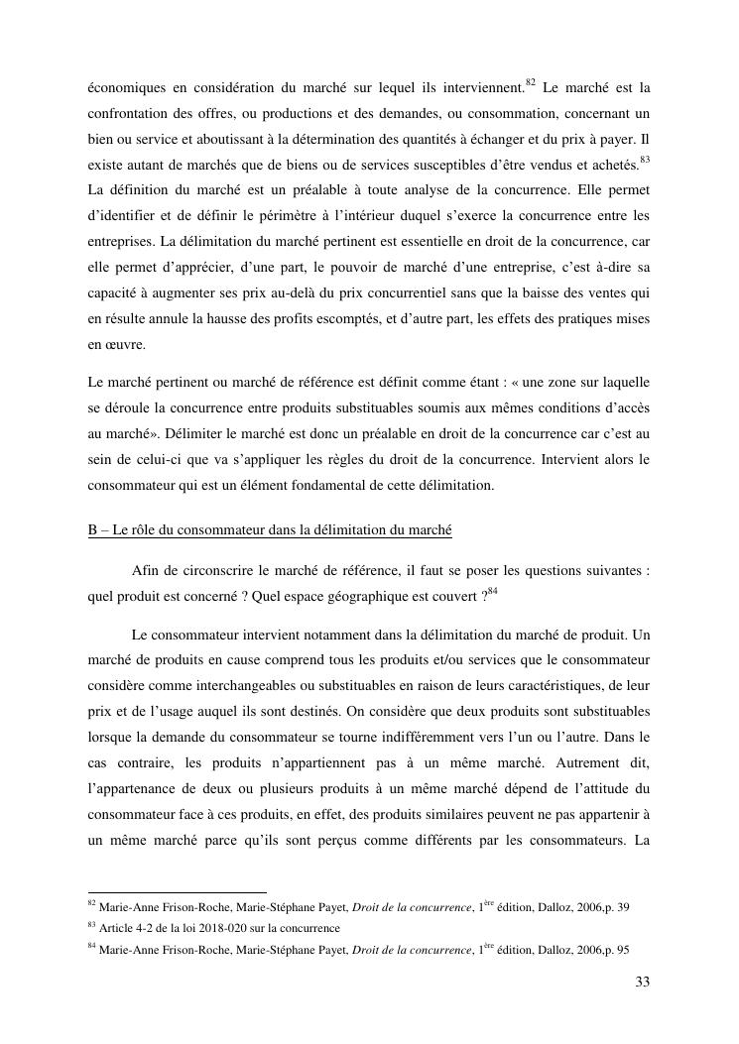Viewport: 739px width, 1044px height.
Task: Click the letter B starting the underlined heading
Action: (x=92, y=530)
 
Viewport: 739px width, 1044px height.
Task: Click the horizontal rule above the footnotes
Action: (x=178, y=892)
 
